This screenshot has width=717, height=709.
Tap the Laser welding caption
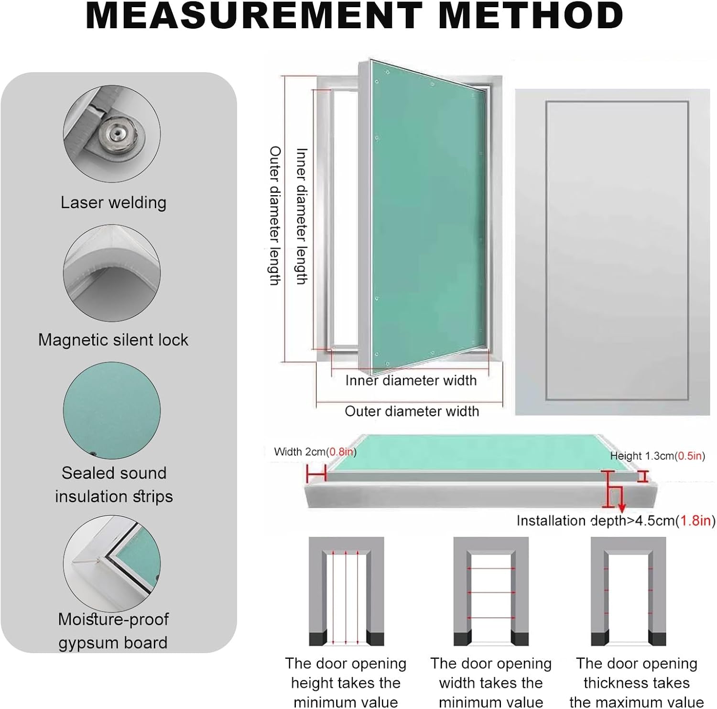tap(113, 202)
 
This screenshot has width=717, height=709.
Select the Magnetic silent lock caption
tap(113, 340)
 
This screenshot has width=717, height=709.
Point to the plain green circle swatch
tap(112, 410)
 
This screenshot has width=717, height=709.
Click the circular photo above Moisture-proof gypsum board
tap(112, 563)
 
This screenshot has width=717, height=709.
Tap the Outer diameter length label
tap(274, 215)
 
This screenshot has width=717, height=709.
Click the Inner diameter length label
tap(301, 216)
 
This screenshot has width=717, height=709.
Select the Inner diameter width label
tap(411, 380)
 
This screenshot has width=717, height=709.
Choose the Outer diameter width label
tap(412, 411)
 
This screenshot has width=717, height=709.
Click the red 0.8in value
tap(341, 452)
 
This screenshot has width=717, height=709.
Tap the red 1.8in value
tap(697, 521)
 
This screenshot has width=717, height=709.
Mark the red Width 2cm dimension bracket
tap(316, 475)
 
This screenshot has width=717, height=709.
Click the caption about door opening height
tap(346, 683)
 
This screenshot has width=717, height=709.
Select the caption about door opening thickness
tap(636, 683)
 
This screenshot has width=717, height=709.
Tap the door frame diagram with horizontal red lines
tap(491, 591)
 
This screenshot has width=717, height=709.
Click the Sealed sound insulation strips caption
tap(114, 484)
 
